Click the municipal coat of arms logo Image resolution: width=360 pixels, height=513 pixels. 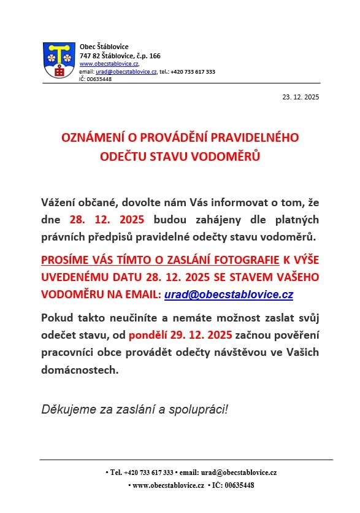pos(59,60)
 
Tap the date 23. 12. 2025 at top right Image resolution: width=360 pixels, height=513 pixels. pos(301,97)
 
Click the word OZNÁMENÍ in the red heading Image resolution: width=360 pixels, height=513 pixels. pos(90,137)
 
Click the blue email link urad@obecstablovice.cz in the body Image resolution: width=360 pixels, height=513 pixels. pos(228,295)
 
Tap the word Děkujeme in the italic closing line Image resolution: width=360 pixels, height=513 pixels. pos(65,409)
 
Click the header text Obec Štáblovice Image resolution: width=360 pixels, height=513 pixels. pos(104,47)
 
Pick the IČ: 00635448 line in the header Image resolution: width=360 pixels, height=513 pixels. pos(95,79)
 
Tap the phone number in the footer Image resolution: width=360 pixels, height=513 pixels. pos(148,472)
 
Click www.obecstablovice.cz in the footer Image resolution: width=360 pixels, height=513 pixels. pos(168,485)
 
